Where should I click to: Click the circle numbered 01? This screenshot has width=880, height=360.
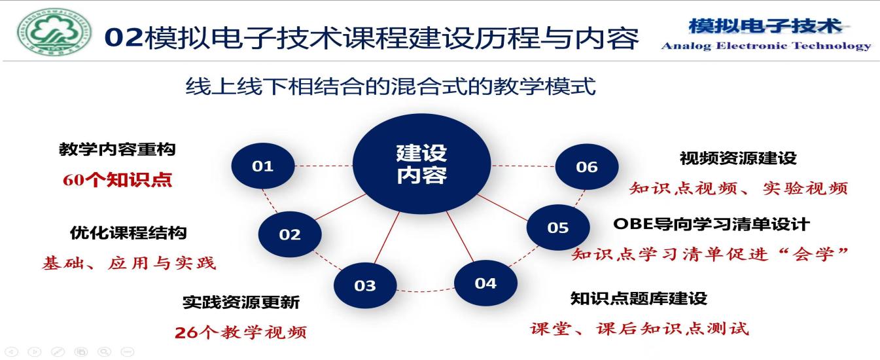(x=263, y=166)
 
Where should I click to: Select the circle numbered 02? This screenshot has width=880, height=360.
(x=290, y=234)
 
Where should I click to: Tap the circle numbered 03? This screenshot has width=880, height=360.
(x=365, y=285)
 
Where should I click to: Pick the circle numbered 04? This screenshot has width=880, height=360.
(x=485, y=283)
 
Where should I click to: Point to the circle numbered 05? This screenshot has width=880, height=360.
(x=558, y=227)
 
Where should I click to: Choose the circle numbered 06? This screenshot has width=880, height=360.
(x=587, y=167)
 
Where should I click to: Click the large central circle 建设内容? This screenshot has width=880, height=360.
(x=422, y=164)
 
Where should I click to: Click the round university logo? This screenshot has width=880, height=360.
(x=54, y=31)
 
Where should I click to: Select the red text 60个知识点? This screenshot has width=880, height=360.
(x=118, y=179)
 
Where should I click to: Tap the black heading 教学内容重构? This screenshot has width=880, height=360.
(x=117, y=149)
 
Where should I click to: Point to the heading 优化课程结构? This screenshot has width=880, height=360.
(x=128, y=232)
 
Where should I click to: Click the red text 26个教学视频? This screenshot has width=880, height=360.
(x=240, y=333)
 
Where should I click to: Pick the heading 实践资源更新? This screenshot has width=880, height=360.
(x=241, y=302)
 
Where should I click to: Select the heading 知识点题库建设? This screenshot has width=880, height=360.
(x=639, y=298)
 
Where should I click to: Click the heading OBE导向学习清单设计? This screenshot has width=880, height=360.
(x=711, y=225)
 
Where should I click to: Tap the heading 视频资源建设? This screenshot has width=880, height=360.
(x=738, y=158)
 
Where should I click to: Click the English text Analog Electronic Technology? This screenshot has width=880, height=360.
(x=766, y=46)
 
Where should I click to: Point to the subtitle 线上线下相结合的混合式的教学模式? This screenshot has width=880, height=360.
(x=391, y=86)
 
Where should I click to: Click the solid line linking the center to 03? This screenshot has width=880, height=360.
(x=387, y=238)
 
